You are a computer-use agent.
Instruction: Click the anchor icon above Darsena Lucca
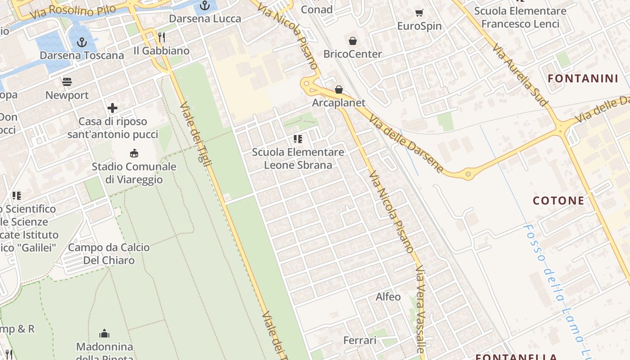click(x=205, y=6)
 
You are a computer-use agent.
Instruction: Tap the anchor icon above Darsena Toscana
click(x=82, y=43)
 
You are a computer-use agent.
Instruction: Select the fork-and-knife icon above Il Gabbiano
click(x=162, y=37)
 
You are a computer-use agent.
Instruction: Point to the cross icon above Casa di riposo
click(x=112, y=108)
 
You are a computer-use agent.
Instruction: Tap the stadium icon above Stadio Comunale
click(x=134, y=153)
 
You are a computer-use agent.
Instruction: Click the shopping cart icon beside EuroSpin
click(x=419, y=13)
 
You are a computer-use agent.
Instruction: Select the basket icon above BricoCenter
click(x=353, y=41)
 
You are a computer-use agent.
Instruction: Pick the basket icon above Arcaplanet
click(x=339, y=90)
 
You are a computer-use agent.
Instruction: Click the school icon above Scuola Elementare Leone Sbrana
click(x=297, y=139)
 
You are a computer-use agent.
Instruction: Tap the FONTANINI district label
click(x=583, y=79)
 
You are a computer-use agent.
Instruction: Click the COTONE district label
click(x=558, y=201)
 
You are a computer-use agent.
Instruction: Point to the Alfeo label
click(x=388, y=297)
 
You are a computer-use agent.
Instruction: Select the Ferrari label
click(x=360, y=341)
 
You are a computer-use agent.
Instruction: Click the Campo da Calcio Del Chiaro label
click(x=108, y=254)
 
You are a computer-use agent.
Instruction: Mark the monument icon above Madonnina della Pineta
click(x=104, y=334)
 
